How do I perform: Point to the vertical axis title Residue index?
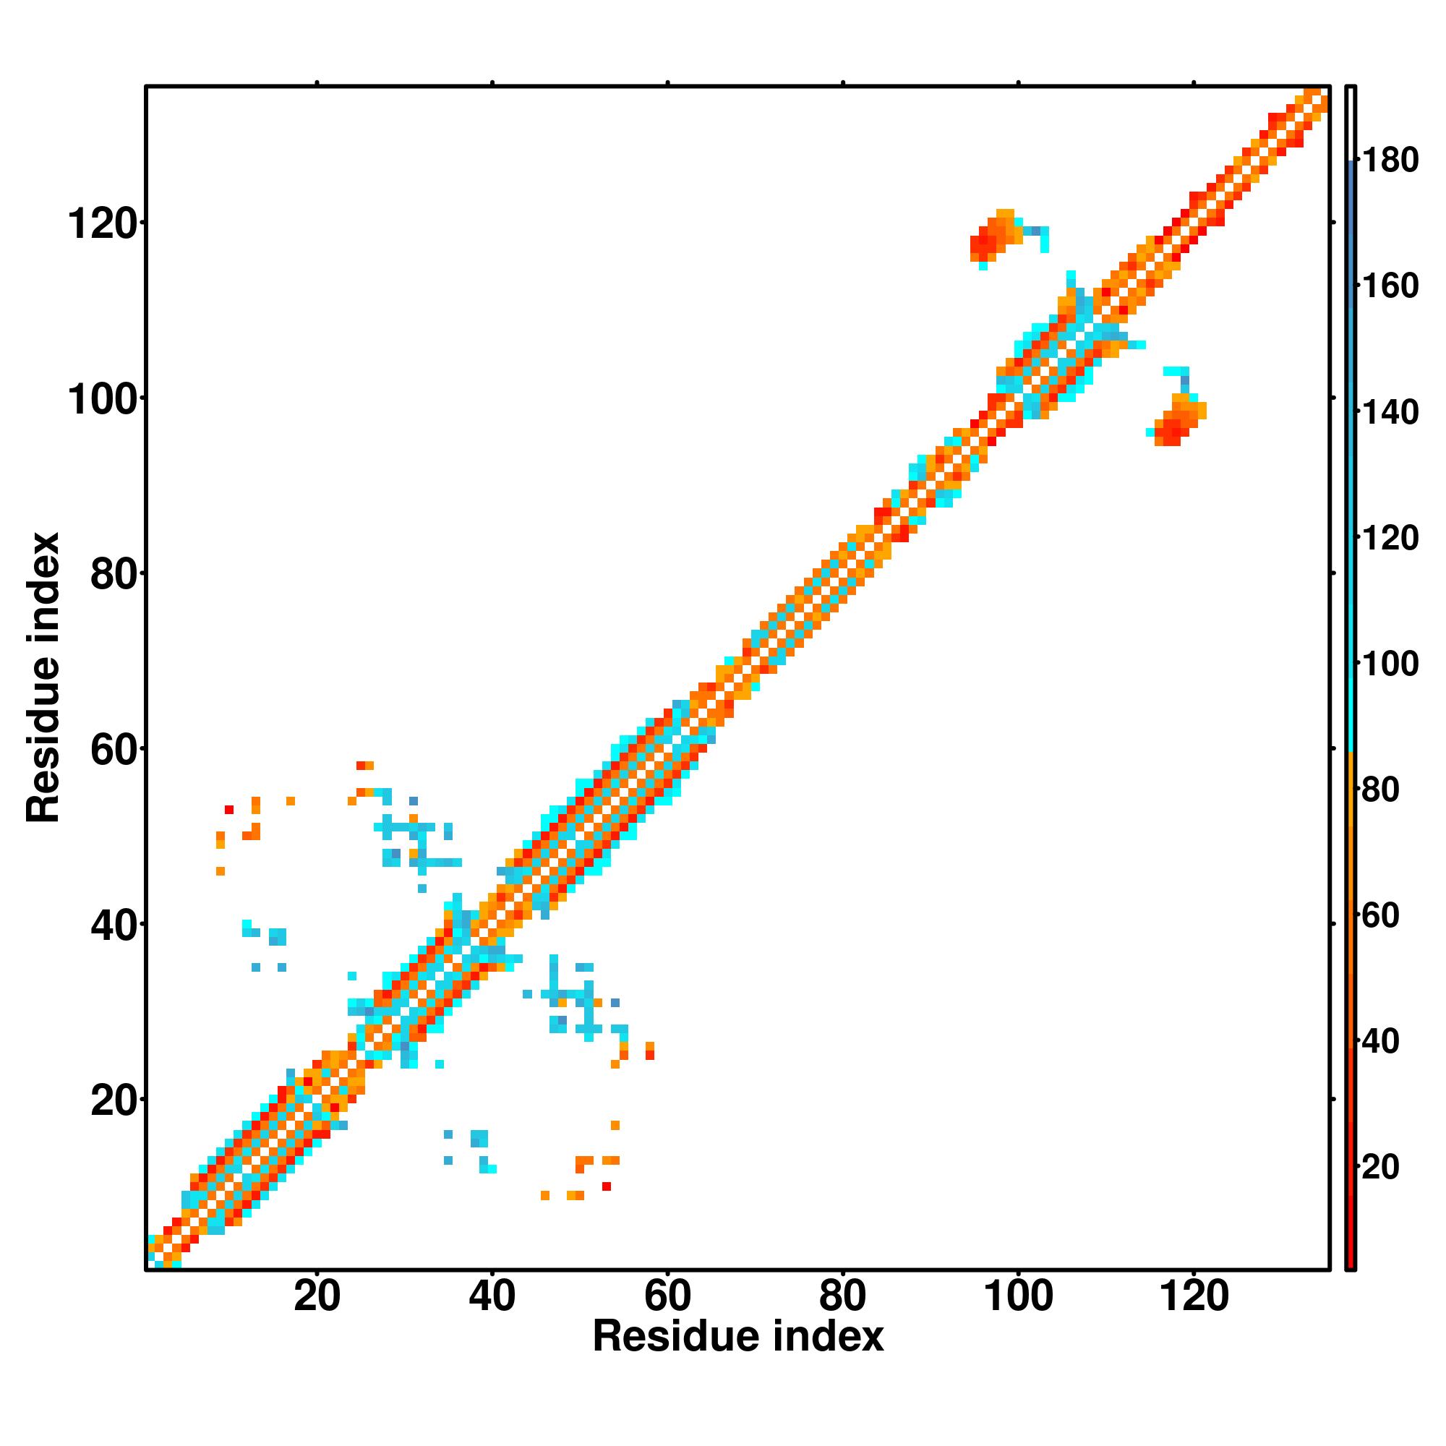(x=43, y=677)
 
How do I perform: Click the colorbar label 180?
(x=1389, y=161)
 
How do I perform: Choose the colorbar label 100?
(x=1389, y=664)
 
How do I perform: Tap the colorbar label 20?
(x=1380, y=1167)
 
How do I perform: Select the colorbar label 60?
(x=1380, y=915)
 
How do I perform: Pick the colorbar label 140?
(x=1389, y=412)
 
